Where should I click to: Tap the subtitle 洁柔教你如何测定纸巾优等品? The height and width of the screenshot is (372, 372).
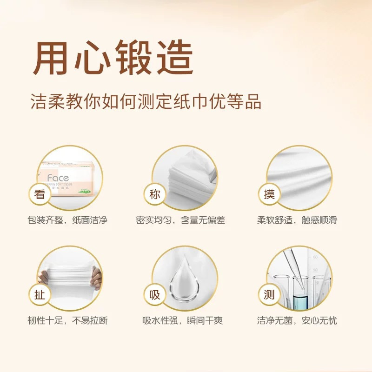(145, 102)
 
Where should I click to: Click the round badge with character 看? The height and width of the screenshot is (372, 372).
(40, 194)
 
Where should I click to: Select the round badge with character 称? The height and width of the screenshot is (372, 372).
(154, 194)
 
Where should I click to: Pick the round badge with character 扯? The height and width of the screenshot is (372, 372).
(40, 294)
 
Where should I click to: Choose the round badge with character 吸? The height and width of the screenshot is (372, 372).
(154, 294)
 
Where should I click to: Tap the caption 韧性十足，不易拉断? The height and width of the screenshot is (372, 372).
(67, 320)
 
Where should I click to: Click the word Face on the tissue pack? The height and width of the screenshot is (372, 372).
(58, 178)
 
